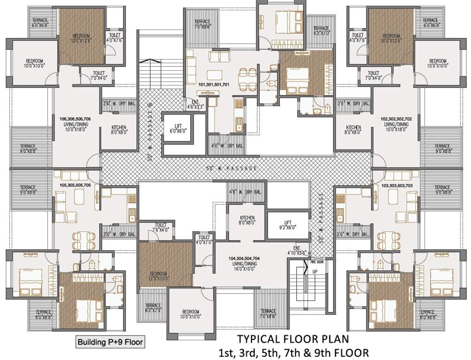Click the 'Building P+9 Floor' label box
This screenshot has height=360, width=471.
(x=110, y=342)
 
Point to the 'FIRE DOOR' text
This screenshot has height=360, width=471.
(x=317, y=262)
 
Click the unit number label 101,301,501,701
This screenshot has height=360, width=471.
(x=214, y=85)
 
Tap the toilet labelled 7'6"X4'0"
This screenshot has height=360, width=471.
(x=161, y=228)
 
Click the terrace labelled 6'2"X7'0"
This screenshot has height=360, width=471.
(x=152, y=308)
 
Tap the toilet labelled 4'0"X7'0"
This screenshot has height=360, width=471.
(x=204, y=240)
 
